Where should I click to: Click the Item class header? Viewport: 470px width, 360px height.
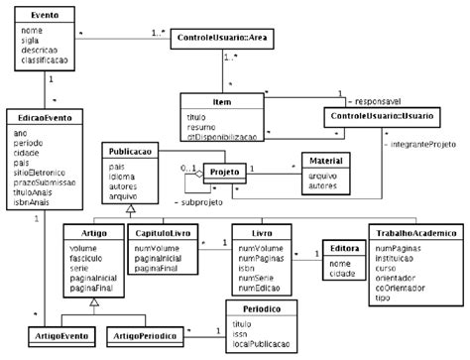(x=221, y=102)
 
